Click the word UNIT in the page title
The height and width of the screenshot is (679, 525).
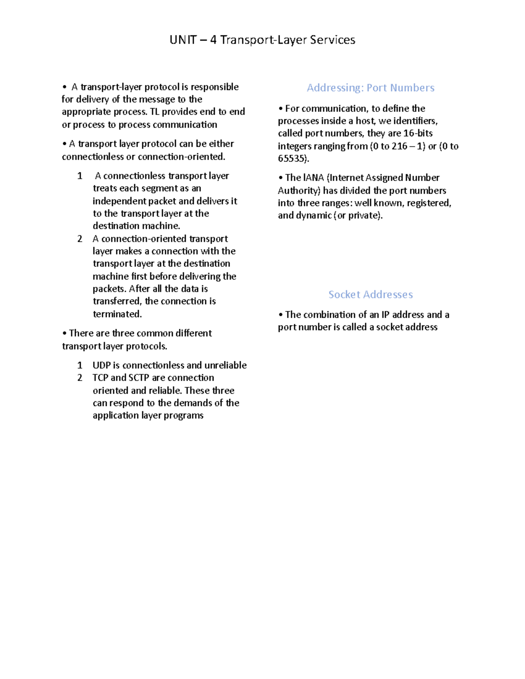pyautogui.click(x=183, y=40)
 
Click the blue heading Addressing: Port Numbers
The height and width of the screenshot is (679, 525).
pyautogui.click(x=371, y=88)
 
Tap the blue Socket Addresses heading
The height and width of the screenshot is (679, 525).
pyautogui.click(x=371, y=295)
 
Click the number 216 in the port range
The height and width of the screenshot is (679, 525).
pyautogui.click(x=399, y=146)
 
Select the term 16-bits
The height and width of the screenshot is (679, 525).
pyautogui.click(x=418, y=133)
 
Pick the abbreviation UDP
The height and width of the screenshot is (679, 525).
pyautogui.click(x=101, y=366)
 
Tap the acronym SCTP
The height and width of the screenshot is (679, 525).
pyautogui.click(x=139, y=378)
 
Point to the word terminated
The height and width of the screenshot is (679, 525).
pyautogui.click(x=117, y=314)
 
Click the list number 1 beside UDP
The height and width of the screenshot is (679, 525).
pyautogui.click(x=80, y=366)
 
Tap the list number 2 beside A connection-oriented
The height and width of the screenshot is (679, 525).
pyautogui.click(x=80, y=239)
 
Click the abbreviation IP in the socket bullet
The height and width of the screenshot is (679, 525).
pyautogui.click(x=385, y=315)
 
